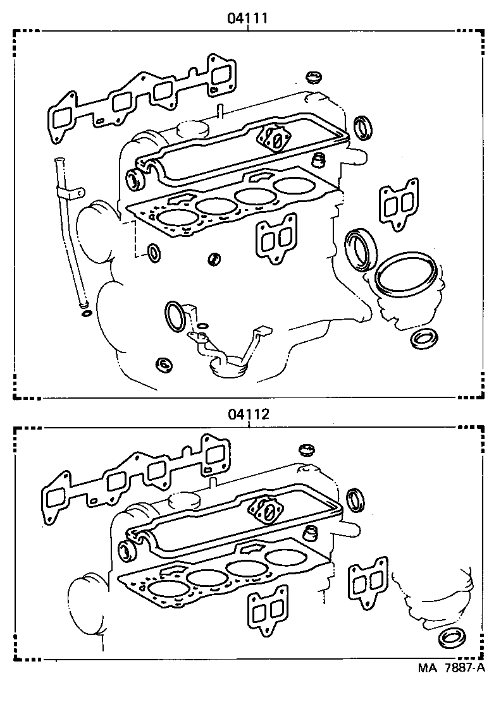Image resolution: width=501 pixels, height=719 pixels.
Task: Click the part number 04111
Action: (249, 19)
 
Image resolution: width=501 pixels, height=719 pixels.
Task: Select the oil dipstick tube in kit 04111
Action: (67, 234)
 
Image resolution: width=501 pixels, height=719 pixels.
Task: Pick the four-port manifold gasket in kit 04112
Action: (134, 485)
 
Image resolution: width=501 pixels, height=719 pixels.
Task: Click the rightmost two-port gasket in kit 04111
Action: (393, 203)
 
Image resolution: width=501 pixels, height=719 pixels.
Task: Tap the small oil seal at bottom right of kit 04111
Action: (422, 338)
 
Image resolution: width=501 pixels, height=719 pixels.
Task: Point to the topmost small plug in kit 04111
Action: (311, 78)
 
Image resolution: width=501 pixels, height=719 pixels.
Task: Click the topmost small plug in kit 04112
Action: (307, 450)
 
